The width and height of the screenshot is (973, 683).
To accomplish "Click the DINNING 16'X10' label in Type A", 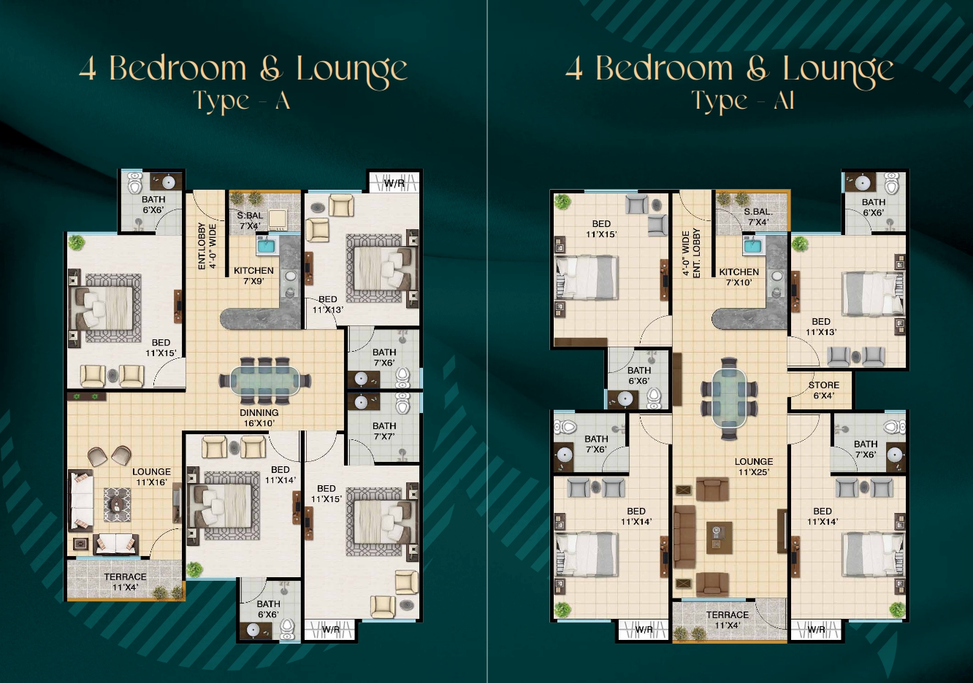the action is (x=259, y=418).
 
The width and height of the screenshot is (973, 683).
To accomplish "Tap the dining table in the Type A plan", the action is (x=265, y=381).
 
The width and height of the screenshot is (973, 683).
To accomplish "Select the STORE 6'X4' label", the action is (x=823, y=390).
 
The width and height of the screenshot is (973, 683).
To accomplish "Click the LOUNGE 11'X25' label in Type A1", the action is (x=754, y=466).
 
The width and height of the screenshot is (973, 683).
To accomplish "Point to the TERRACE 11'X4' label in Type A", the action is (x=125, y=582).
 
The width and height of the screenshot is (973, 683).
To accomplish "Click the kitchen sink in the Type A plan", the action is (x=267, y=247).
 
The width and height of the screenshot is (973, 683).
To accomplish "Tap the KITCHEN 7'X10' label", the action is (x=739, y=277).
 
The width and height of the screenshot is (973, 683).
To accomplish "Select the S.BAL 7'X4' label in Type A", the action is (x=250, y=220).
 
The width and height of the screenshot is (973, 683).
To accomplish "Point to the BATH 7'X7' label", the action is (x=384, y=431).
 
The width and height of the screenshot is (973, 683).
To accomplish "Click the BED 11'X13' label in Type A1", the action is (x=821, y=327).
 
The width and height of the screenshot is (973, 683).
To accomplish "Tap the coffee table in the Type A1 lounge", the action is (x=719, y=538).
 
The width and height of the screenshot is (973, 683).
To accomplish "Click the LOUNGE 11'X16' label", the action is (x=152, y=476).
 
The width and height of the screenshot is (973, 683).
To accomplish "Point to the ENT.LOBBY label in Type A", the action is (x=202, y=247).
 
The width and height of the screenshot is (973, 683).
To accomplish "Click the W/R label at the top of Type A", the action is (x=394, y=183).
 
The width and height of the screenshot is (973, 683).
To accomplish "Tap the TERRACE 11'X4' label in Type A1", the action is (x=728, y=620).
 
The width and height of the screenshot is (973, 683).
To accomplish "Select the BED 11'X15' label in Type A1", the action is (x=601, y=228).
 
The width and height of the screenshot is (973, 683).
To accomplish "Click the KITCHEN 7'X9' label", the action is (x=253, y=276).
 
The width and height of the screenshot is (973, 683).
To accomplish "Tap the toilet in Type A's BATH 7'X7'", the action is (x=402, y=403).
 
